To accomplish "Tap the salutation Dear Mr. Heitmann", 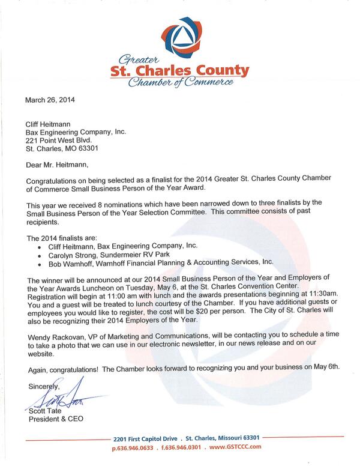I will [59, 165].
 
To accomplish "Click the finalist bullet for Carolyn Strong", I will [40, 254].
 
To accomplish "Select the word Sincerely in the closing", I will [42, 388].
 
